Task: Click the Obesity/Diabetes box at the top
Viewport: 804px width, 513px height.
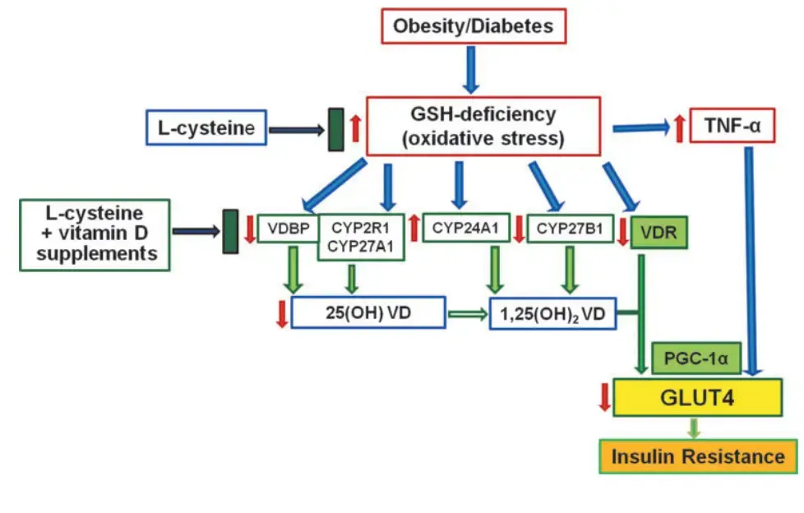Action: point(473,26)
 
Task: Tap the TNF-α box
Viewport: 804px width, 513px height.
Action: point(732,126)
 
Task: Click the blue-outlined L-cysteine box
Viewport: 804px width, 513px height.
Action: point(206,128)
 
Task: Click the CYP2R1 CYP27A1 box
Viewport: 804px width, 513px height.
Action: point(362,237)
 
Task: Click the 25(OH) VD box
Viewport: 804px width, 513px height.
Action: point(368,313)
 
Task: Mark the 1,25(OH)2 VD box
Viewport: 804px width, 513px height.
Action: point(552,313)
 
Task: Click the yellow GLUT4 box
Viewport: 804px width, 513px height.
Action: point(696,398)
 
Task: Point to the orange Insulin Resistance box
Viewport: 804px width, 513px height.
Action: point(696,455)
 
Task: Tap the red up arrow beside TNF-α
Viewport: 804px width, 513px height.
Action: point(679,127)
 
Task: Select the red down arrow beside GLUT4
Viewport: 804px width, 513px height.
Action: point(604,397)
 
